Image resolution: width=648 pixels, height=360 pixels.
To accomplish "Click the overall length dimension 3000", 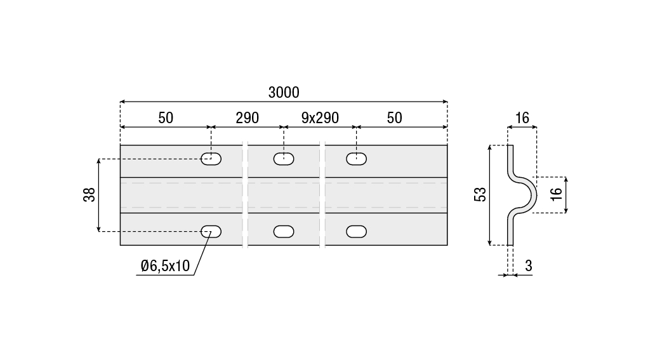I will point(283,92).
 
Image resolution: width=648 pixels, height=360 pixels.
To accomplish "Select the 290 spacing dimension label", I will point(247,118).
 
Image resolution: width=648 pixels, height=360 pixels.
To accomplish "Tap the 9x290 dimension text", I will point(320,118).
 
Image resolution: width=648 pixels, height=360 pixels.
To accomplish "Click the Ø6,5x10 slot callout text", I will point(166,267).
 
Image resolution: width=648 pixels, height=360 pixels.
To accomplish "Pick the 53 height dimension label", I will point(480,195).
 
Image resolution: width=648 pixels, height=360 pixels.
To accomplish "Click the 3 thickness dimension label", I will point(528,267).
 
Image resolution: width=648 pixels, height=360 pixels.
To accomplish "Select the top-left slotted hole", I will point(211,159).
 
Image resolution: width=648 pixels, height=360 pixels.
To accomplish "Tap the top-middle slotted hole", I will point(284,159).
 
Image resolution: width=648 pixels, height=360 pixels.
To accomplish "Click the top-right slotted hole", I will point(356,159).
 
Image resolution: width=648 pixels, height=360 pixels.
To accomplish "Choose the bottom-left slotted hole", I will point(211,231).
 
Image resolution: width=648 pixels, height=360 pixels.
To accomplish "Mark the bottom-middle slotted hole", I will point(284,231).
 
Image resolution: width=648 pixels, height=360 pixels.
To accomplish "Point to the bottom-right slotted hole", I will point(356,231).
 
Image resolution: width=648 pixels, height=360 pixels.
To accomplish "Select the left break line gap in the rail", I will point(245,195).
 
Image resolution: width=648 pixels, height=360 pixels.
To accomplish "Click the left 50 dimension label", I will point(165,118).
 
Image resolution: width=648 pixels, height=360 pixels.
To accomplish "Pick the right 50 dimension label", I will point(394,118).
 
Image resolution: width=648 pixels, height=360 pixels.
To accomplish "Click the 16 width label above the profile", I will point(522,118).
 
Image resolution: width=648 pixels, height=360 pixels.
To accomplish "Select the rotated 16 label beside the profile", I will point(557,195).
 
